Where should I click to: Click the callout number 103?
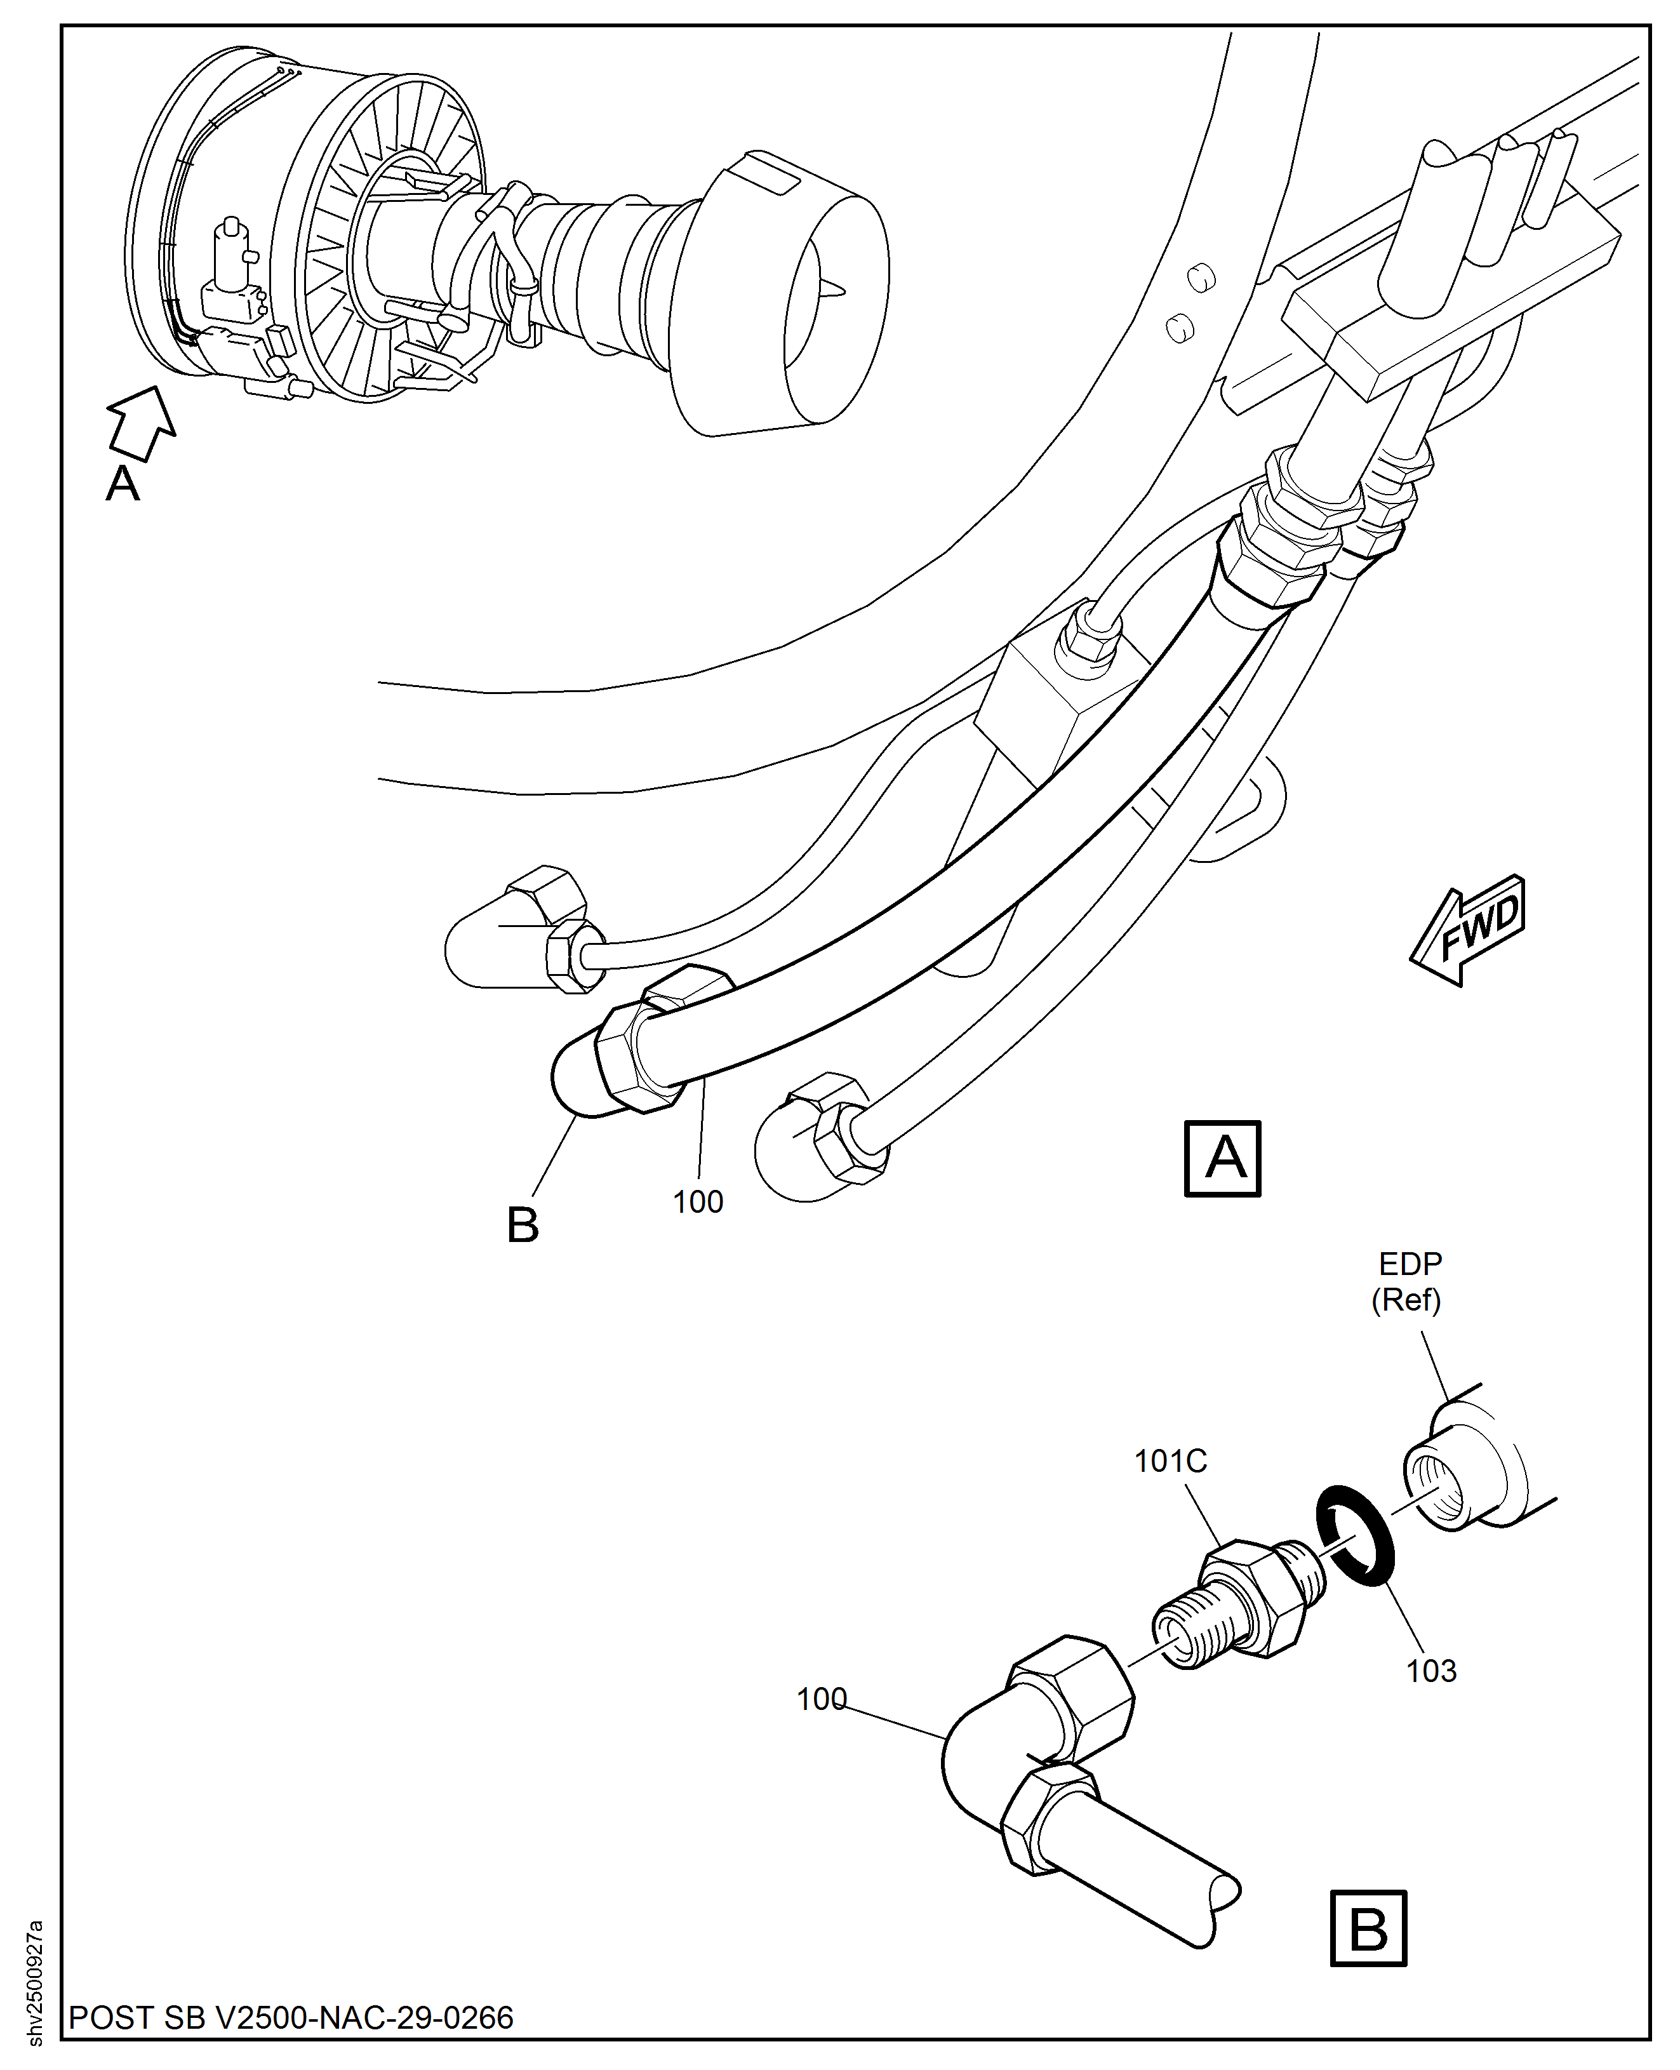pos(1430,1671)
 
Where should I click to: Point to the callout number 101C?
pos(1170,1460)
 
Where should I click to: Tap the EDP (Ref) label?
pos(1409,1281)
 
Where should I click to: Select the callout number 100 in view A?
pos(698,1202)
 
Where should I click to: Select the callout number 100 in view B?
pos(821,1699)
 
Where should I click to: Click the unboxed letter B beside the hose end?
pos(523,1225)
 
